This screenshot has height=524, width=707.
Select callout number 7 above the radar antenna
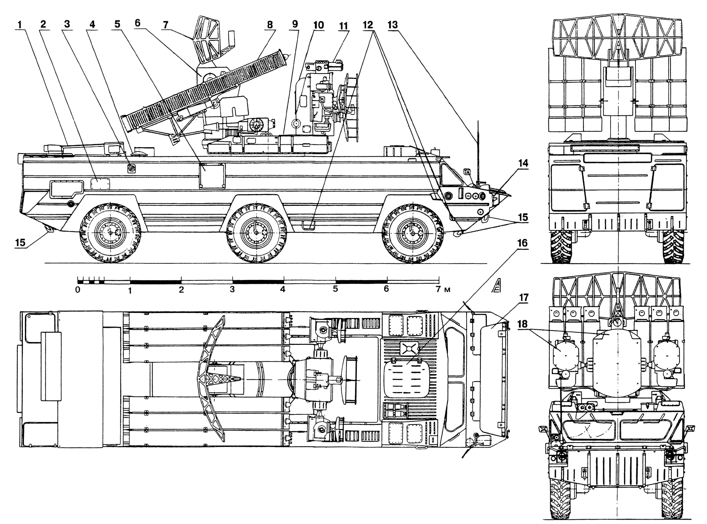(165, 25)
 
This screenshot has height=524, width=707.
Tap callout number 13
(392, 25)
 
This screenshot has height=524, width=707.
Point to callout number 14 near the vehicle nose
(523, 163)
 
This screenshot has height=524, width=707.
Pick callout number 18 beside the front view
(522, 324)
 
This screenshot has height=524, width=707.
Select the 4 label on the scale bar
(283, 289)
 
